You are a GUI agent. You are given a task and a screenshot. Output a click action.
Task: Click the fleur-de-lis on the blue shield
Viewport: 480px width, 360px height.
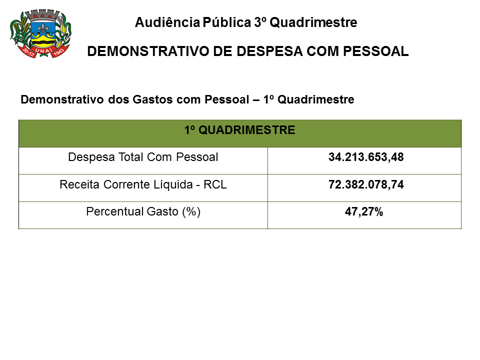coord(40,29)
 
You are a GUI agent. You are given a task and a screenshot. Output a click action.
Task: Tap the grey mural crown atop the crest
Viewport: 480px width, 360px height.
coord(40,14)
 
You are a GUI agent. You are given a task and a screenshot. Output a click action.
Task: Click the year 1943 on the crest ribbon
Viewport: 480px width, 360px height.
coord(59,50)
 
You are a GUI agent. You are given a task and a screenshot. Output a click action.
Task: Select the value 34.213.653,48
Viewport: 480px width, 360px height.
coord(366,157)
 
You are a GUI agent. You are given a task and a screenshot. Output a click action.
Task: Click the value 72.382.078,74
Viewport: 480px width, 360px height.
coord(366,184)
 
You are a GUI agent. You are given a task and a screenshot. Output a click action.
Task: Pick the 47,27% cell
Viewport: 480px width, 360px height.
coord(364,212)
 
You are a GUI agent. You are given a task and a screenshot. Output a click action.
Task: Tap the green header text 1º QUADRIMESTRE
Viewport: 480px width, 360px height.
coord(239,130)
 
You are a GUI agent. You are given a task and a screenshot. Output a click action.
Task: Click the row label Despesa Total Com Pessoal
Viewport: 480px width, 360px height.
coord(143,157)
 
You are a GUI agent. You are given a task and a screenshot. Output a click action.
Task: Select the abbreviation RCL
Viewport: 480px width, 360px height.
coord(216,184)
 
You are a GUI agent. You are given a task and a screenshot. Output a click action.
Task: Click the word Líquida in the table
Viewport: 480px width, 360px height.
coord(173,184)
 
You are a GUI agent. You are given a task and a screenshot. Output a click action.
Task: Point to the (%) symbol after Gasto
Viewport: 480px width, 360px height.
coord(191,212)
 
